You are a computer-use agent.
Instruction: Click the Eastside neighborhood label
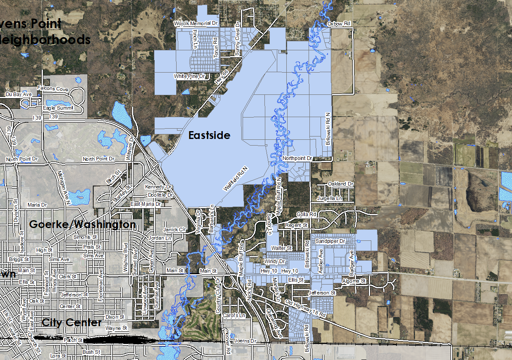[x=209, y=135]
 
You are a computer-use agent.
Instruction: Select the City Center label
[x=71, y=322]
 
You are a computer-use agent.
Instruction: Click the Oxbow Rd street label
[x=339, y=24]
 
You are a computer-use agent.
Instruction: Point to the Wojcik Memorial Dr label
[x=196, y=24]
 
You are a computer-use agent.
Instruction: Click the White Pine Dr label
[x=189, y=76]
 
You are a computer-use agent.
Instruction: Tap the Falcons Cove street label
[x=52, y=89]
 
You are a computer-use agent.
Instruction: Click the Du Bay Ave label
[x=19, y=94]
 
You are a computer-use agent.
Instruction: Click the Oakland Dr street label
[x=341, y=184]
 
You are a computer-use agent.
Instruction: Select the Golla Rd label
[x=306, y=214]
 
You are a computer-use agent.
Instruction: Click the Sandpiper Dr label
[x=330, y=240]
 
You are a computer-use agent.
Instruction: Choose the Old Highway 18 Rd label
[x=306, y=308]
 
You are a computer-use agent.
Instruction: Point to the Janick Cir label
[x=175, y=229]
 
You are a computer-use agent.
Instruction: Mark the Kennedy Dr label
[x=158, y=187]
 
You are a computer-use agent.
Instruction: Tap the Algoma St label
[x=354, y=281]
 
